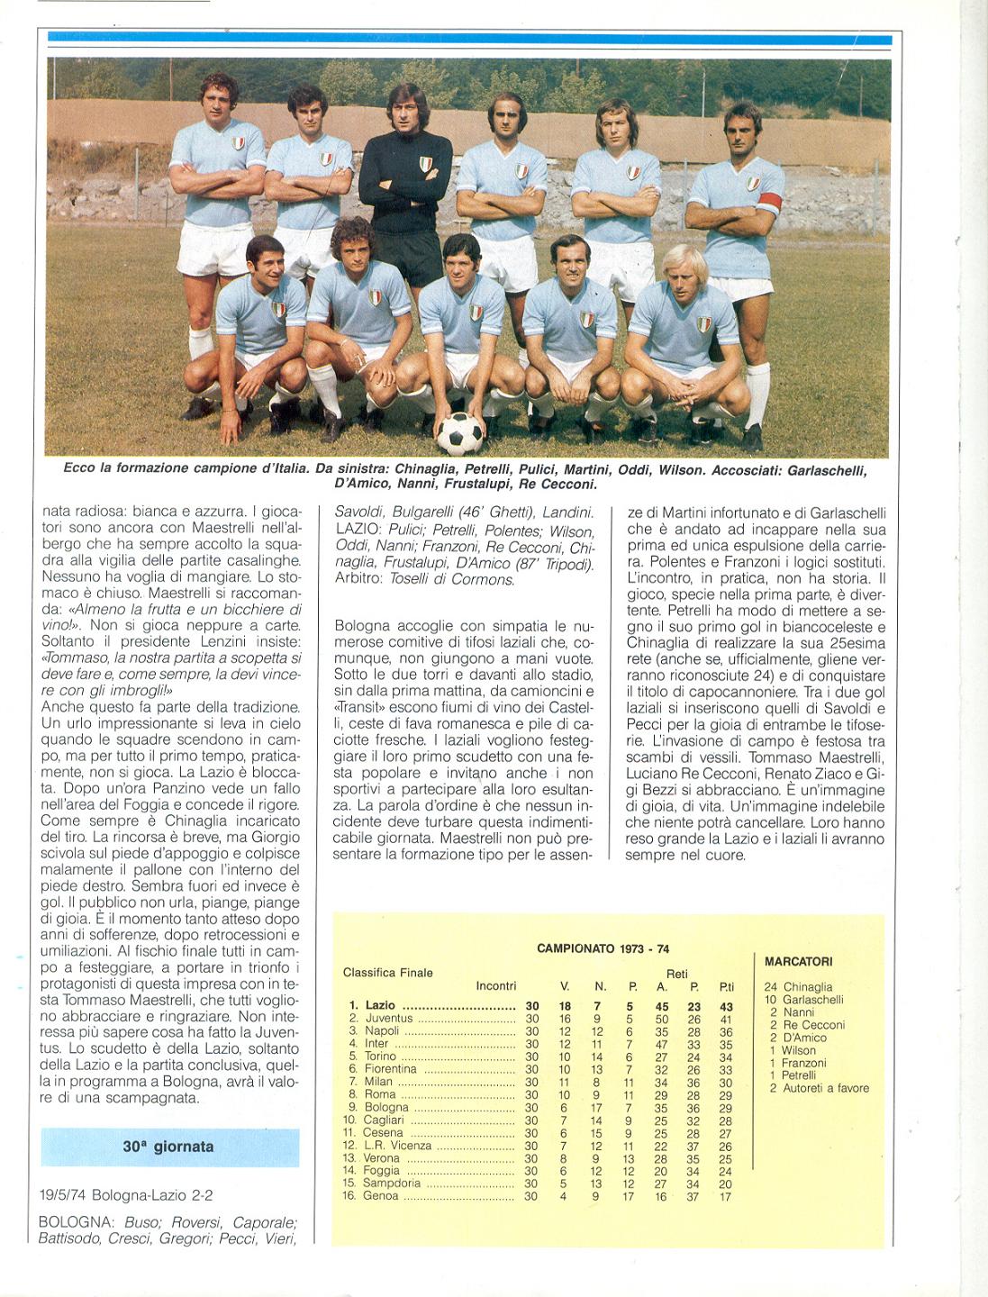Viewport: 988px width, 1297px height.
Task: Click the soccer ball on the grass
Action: click(459, 433)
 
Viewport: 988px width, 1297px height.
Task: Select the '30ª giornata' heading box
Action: click(169, 1147)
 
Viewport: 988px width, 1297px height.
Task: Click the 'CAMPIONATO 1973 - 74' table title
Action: click(603, 948)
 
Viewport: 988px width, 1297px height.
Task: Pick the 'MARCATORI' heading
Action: click(798, 962)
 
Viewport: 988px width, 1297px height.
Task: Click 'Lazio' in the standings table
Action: click(380, 1005)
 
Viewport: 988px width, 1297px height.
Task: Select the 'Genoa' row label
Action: click(381, 1196)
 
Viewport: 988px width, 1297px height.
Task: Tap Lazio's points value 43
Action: click(726, 1006)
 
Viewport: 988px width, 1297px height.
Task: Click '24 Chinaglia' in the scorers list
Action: click(798, 987)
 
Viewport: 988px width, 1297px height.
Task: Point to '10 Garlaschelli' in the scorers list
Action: click(803, 1000)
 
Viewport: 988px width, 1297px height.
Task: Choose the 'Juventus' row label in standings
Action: click(388, 1019)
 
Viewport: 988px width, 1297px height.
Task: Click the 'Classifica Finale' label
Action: click(387, 973)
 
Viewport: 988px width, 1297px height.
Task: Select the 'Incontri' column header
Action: click(495, 986)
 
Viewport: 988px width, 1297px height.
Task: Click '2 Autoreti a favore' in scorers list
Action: click(819, 1088)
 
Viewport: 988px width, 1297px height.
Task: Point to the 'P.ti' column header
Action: click(726, 986)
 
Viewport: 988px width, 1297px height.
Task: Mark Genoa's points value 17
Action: click(726, 1196)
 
